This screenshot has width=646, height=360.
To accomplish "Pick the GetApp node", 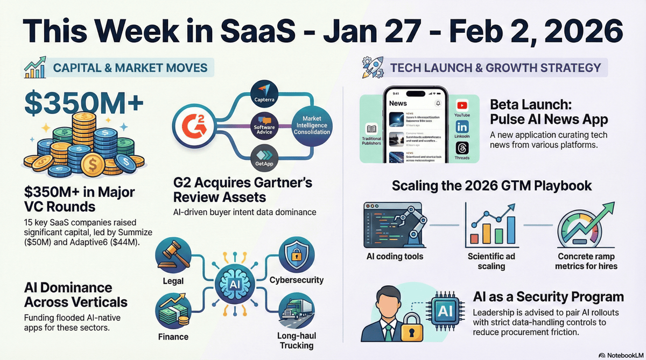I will tap(264, 159).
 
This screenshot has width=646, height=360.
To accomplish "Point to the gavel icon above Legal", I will tap(173, 257).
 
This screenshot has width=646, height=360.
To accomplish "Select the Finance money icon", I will tap(173, 311).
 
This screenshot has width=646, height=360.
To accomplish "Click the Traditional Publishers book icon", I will tap(371, 129).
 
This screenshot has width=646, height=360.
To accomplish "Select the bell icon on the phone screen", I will tap(438, 103).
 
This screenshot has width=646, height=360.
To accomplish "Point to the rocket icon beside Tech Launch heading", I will tap(373, 68).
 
